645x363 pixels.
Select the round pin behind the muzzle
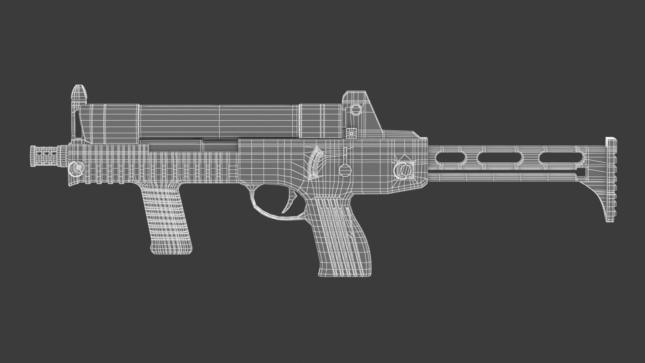pos(77,167)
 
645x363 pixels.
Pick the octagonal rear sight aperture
pos(355,109)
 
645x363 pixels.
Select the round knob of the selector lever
pos(344,169)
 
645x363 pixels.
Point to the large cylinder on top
pos(218,121)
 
